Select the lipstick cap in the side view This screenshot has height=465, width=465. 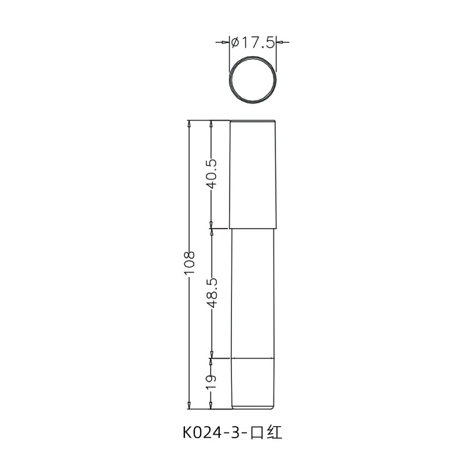click(x=253, y=174)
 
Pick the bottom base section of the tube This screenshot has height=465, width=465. click(x=253, y=382)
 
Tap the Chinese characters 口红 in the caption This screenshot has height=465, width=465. click(x=268, y=433)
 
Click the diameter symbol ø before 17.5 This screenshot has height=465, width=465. click(x=235, y=42)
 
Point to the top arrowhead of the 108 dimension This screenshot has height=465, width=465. click(x=189, y=124)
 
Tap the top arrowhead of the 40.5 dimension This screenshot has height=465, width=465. click(x=212, y=124)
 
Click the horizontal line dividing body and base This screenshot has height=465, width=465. click(x=253, y=358)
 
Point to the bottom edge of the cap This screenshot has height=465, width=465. click(x=253, y=227)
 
